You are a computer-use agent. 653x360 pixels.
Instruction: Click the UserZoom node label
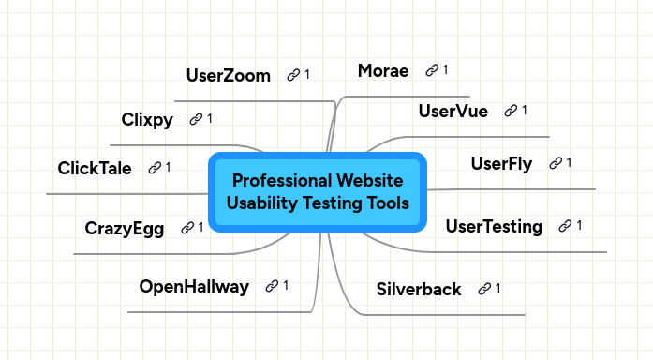228,75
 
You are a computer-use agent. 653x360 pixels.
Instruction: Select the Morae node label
383,70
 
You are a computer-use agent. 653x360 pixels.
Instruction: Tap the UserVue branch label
453,112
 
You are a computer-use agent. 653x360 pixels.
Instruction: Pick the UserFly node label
501,164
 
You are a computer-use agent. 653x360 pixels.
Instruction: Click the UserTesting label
494,226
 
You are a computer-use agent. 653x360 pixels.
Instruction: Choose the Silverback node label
418,289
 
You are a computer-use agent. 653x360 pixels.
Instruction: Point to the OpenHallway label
194,286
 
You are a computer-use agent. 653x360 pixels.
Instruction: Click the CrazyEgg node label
124,228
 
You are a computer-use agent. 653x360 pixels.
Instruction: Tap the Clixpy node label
147,119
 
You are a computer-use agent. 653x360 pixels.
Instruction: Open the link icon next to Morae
432,70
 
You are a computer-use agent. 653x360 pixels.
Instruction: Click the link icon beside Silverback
484,289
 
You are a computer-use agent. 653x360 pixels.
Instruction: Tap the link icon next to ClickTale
153,168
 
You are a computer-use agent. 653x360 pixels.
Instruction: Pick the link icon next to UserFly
555,164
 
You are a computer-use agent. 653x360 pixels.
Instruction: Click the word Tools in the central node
387,202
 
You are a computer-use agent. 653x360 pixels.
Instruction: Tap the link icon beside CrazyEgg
186,228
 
